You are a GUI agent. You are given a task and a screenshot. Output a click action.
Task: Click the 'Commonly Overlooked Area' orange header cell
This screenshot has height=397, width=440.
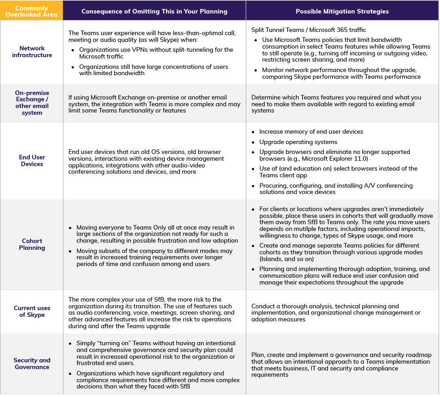point(31,11)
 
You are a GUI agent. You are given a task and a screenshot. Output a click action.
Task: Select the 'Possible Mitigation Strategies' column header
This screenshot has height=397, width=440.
point(342,11)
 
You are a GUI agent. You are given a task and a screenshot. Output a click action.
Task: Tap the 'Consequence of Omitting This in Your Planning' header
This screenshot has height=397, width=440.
point(154,11)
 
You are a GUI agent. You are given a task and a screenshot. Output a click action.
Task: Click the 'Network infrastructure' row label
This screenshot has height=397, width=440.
point(32,52)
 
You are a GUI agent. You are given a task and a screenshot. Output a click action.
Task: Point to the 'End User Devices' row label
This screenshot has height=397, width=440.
point(32,161)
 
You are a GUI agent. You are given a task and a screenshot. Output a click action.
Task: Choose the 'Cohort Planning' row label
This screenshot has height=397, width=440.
point(32,244)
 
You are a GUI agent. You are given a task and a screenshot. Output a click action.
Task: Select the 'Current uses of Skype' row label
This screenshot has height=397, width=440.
point(32,311)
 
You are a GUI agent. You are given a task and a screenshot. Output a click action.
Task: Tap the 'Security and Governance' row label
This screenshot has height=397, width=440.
point(32,364)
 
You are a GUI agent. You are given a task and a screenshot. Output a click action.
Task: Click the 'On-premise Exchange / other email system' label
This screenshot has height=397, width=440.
point(32,103)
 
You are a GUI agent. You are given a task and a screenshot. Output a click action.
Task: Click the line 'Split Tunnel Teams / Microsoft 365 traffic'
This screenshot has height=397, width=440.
point(308,30)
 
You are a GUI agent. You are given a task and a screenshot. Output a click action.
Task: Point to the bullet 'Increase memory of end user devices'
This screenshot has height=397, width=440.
point(311,132)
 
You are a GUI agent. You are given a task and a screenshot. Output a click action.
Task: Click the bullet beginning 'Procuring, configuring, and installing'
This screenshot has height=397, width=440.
point(336,189)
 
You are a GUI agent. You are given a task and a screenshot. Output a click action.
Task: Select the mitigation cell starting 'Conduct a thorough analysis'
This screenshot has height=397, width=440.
point(336,313)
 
